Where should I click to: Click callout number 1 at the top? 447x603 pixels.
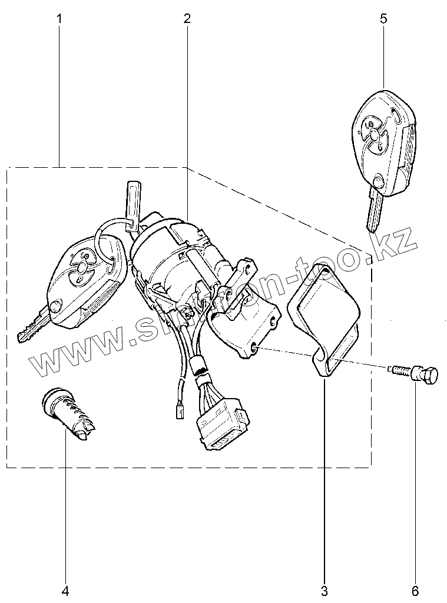click(x=59, y=19)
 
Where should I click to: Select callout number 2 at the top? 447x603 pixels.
click(x=187, y=19)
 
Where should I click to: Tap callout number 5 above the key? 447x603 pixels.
click(x=383, y=19)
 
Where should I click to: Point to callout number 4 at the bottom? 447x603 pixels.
click(x=65, y=590)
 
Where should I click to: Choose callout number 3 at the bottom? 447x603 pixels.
click(x=325, y=590)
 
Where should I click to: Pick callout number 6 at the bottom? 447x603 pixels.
click(x=416, y=590)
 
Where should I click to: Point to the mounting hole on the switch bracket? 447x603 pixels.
click(x=254, y=349)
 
